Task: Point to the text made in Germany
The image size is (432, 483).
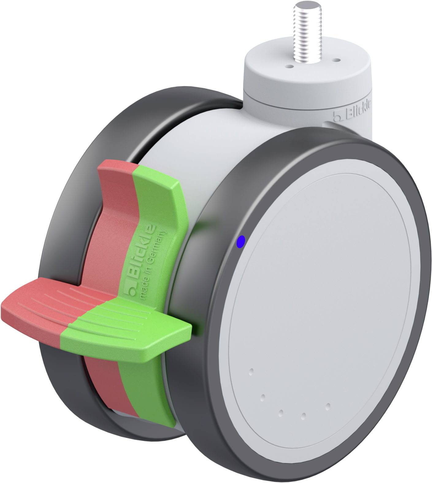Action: point(153,265)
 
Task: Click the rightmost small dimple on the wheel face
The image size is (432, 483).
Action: point(328,406)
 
